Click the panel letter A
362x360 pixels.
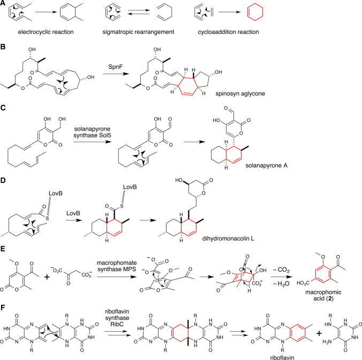[5, 5]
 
